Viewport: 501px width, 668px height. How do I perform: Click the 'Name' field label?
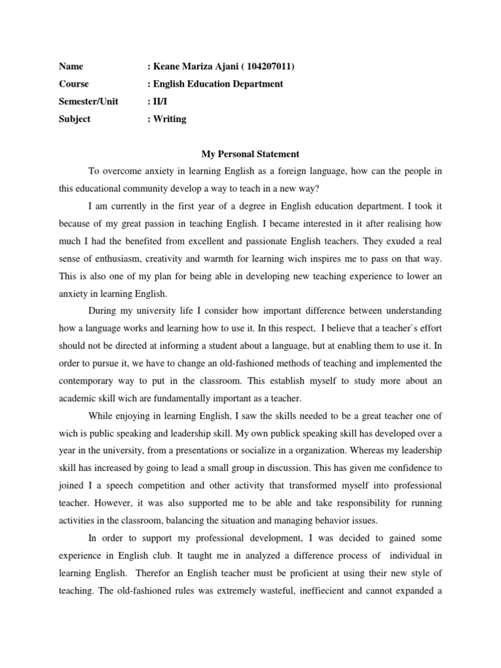click(71, 66)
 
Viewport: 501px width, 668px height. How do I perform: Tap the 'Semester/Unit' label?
click(89, 101)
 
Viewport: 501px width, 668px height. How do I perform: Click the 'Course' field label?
click(74, 83)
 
